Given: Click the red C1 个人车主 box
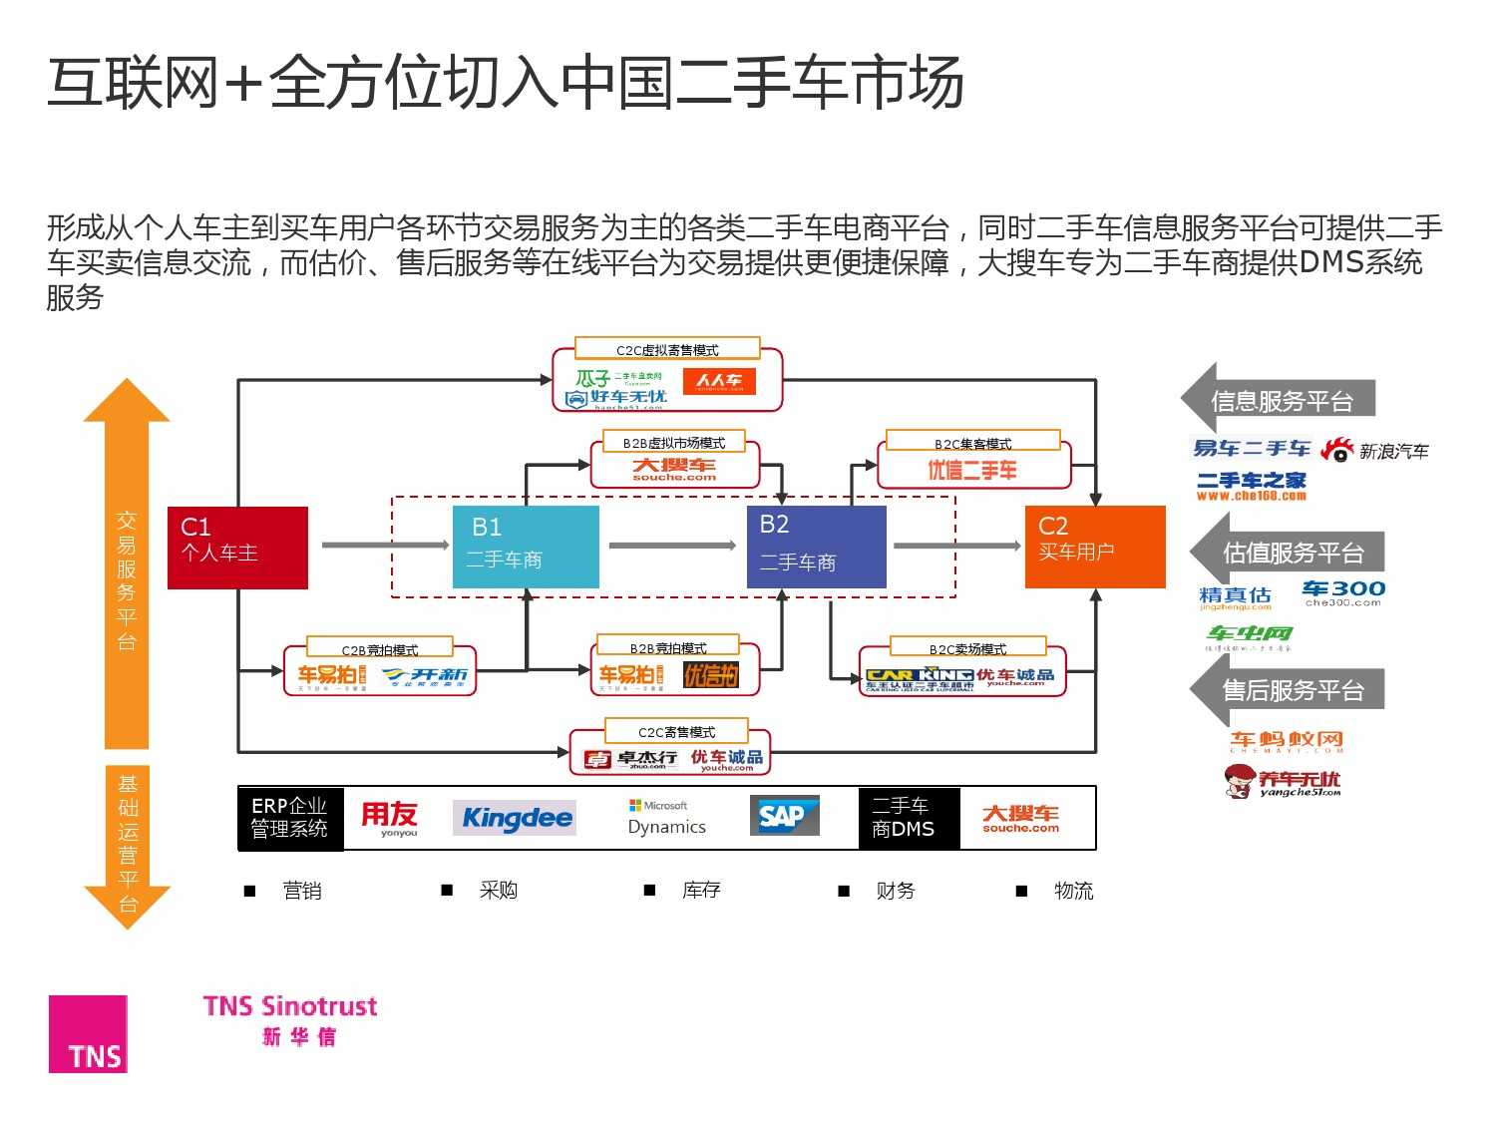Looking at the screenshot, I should coord(237,547).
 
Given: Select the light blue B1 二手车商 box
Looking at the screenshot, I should coord(526,547).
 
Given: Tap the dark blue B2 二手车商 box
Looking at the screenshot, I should coord(816,547).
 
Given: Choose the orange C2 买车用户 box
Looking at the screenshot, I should coord(1095,547).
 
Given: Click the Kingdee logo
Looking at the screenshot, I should coord(515,818).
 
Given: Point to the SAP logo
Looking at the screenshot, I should coord(784,816).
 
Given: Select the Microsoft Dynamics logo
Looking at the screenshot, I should coord(665,818).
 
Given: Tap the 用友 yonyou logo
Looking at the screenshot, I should coord(389,818).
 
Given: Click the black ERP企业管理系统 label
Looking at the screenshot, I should coord(290,818).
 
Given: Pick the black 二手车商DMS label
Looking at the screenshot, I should coord(908,818).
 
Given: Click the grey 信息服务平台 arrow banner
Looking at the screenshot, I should coord(1279,401).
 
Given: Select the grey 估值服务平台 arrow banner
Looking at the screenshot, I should coord(1289,553).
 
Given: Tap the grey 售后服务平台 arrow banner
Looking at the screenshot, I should coord(1289,690).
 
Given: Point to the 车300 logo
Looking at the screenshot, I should coord(1342,593).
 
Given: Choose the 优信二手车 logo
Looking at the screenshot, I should coord(971,470).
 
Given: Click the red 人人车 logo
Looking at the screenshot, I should coord(719,381).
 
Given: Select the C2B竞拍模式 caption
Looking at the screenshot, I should coord(379,649).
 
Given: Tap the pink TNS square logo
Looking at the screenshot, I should coord(88,1033).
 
